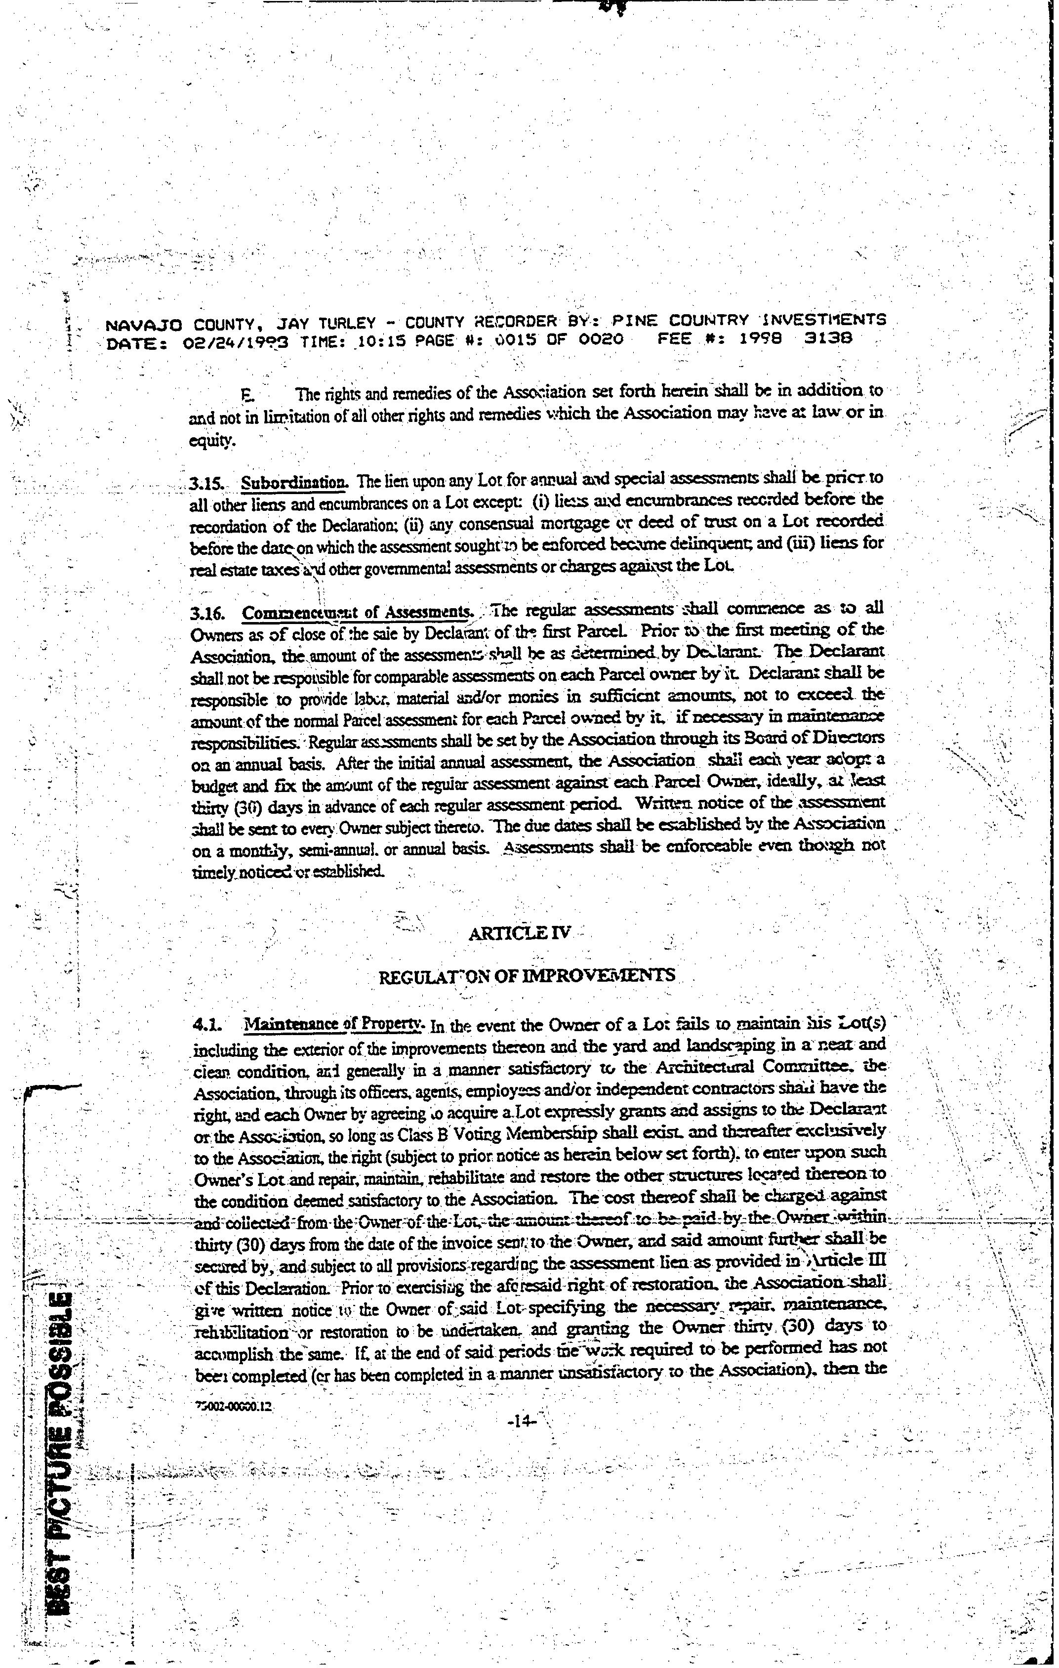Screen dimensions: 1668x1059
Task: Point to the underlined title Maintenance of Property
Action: pyautogui.click(x=333, y=1024)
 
